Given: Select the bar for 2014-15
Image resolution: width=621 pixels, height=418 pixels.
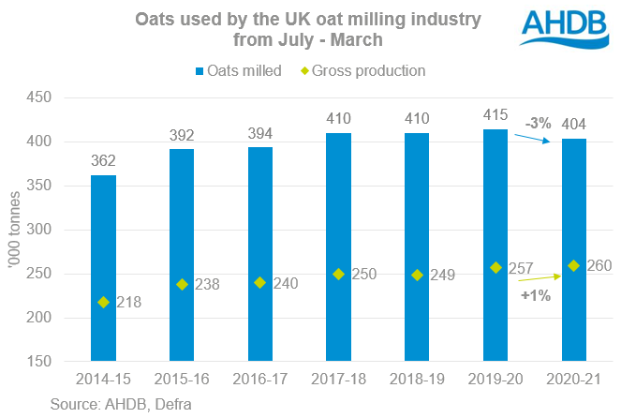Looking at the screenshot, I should (104, 268).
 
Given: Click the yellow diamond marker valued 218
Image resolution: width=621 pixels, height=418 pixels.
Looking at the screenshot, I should (104, 302).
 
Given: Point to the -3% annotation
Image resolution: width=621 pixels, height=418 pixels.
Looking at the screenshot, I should (539, 123).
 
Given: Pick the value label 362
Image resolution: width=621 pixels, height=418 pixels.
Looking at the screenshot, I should (104, 160).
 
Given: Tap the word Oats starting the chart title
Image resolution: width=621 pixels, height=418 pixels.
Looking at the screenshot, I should (155, 18).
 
